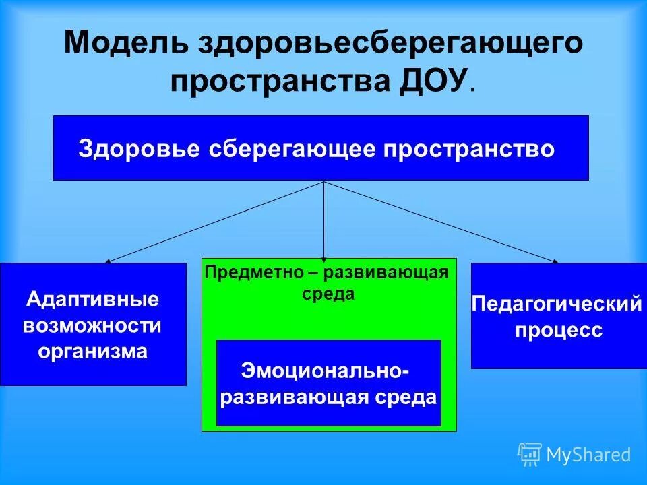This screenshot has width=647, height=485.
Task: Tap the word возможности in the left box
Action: pos(93,325)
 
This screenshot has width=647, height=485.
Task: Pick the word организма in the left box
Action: pos(93,351)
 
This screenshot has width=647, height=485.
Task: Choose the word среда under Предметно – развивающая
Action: pos(328,294)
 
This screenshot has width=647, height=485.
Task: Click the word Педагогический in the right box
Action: pos(557,304)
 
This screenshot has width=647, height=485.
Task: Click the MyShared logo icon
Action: pos(530,454)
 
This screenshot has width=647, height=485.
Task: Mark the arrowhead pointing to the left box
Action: pos(108,260)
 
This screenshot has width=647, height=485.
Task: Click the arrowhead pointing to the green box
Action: pos(324,258)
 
